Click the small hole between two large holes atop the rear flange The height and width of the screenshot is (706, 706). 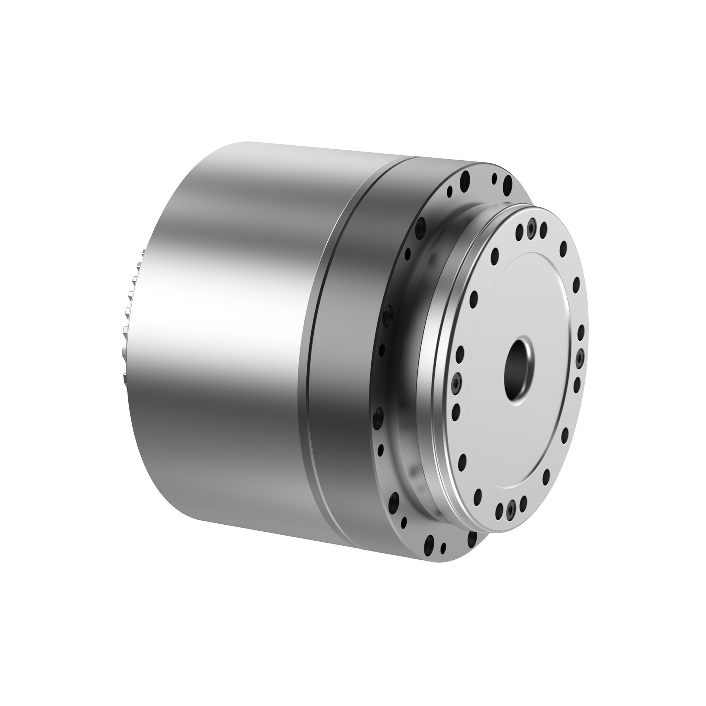click(494, 179)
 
